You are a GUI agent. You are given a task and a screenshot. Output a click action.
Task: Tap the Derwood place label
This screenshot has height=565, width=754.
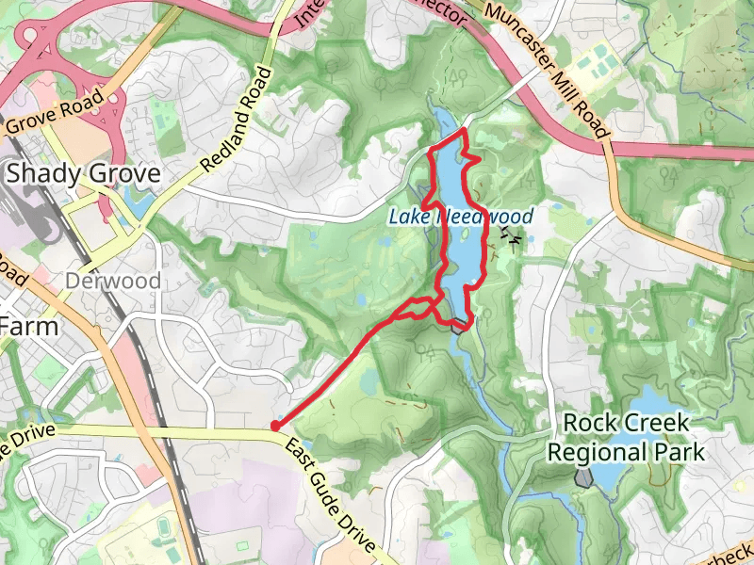coord(113,281)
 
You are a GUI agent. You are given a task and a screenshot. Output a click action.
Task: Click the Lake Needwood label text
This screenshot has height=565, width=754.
coord(461,217)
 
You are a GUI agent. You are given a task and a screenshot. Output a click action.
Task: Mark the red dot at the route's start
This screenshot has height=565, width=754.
coord(274,426)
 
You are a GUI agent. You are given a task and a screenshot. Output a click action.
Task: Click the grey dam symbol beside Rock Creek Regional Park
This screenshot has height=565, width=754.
coord(584,478)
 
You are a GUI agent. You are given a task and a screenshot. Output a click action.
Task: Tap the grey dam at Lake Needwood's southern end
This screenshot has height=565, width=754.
coord(460,326)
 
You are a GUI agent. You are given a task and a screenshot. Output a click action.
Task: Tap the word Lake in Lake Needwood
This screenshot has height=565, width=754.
coord(407,217)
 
